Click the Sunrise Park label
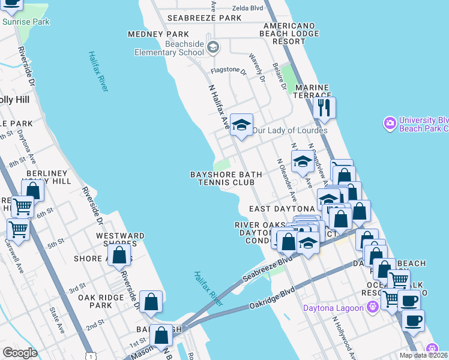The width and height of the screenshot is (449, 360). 26,22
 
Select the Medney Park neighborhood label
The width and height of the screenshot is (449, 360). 158,34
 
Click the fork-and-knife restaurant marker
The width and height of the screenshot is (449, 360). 325,109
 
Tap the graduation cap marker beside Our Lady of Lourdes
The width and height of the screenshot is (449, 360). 241,125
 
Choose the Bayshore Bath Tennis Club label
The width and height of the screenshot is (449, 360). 226,178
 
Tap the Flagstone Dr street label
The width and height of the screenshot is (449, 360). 228,71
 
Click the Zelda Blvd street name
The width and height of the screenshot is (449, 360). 247,9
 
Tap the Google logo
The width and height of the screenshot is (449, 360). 19,353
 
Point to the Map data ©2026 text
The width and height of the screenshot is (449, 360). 423,355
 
